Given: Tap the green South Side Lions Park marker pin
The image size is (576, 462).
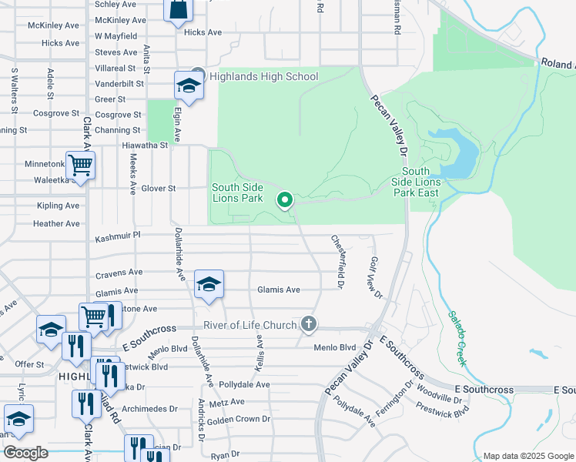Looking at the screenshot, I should pyautogui.click(x=285, y=200).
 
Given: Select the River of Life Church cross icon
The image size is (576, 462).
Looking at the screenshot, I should pyautogui.click(x=309, y=323).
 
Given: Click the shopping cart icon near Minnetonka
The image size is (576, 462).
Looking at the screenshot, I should pyautogui.click(x=80, y=165).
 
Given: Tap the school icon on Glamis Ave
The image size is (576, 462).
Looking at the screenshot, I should pyautogui.click(x=209, y=284).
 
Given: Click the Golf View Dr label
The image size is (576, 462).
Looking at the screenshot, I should pyautogui.click(x=376, y=277).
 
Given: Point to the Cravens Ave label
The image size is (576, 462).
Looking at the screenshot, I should pyautogui.click(x=119, y=273).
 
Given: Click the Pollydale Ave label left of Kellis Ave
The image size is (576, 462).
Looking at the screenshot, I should pyautogui.click(x=243, y=384).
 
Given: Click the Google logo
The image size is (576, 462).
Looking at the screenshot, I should pyautogui.click(x=25, y=453).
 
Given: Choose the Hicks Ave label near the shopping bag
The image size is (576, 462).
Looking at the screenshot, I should pyautogui.click(x=203, y=32).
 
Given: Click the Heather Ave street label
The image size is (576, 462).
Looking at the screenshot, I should pyautogui.click(x=56, y=224).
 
